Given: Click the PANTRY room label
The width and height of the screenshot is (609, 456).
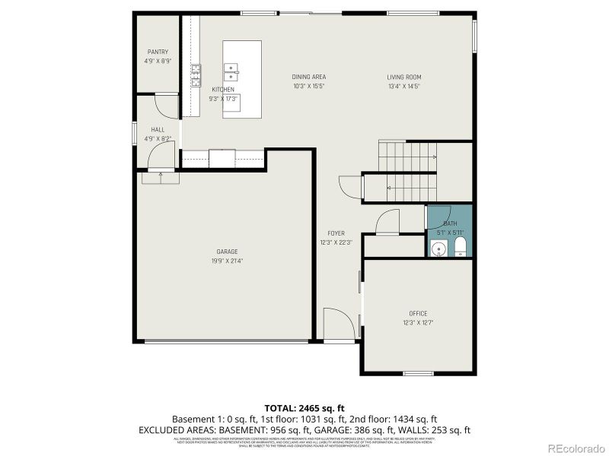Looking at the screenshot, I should pyautogui.click(x=158, y=52).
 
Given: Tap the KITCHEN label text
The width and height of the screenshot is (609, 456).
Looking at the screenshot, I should pyautogui.click(x=222, y=90).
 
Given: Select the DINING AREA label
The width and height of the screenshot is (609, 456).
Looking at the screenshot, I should pyautogui.click(x=308, y=77).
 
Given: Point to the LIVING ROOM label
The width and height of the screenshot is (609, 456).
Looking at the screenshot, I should pyautogui.click(x=403, y=77).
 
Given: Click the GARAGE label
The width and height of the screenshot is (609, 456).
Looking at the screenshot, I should pyautogui.click(x=227, y=252).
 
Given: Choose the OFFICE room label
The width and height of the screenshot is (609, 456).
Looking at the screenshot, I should pyautogui.click(x=417, y=313).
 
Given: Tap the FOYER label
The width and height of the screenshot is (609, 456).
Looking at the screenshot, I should pyautogui.click(x=336, y=233).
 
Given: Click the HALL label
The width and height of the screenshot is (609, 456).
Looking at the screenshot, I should pyautogui.click(x=158, y=130).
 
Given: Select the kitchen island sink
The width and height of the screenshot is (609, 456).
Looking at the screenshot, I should pyautogui.click(x=230, y=72).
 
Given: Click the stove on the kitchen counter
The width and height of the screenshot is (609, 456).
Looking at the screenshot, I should pyautogui.click(x=196, y=74).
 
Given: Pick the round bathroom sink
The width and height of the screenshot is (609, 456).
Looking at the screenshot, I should pyautogui.click(x=438, y=249).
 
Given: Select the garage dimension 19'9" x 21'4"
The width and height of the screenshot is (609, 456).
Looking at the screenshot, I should pyautogui.click(x=227, y=261).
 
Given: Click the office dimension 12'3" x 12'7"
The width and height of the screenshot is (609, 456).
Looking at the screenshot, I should pyautogui.click(x=417, y=322).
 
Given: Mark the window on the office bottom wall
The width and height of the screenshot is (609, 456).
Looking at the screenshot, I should pyautogui.click(x=417, y=373).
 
